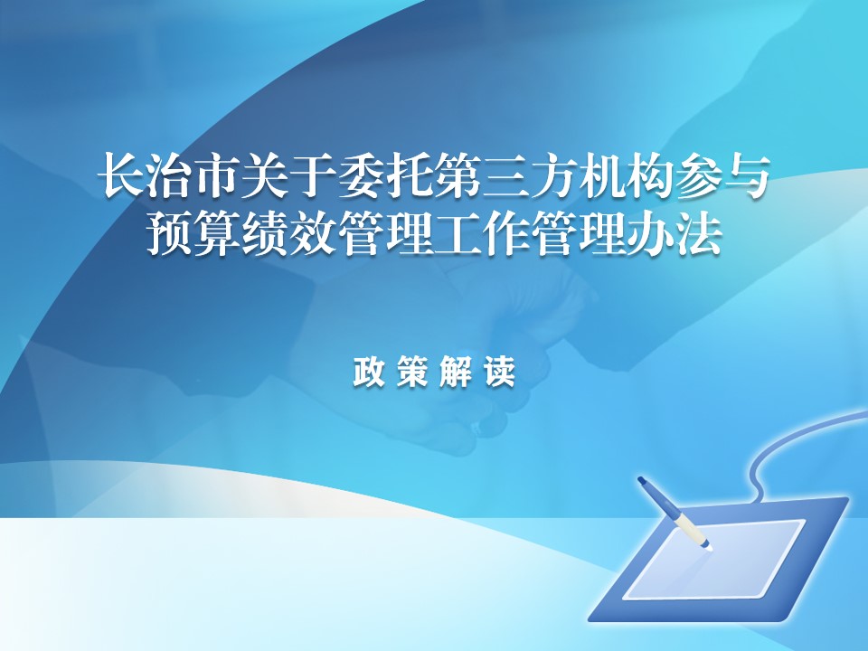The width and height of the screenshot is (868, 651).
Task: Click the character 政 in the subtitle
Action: pyautogui.click(x=369, y=371)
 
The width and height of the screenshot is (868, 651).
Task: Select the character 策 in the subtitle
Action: pyautogui.click(x=412, y=371)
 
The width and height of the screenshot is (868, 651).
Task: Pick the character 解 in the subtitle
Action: pyautogui.click(x=456, y=371)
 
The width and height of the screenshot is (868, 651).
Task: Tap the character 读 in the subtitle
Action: pyautogui.click(x=499, y=371)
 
